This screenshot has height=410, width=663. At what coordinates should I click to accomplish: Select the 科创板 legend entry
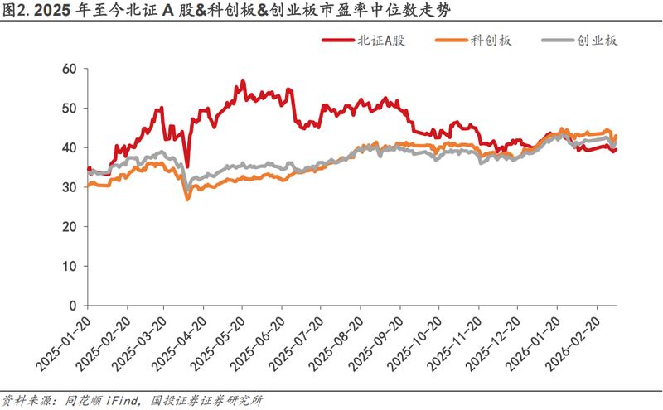pos(487,41)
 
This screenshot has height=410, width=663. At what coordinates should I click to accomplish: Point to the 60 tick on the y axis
pos(69,69)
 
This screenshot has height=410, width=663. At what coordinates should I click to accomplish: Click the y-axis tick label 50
pos(69,108)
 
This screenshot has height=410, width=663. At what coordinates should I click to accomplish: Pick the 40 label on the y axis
pos(69,147)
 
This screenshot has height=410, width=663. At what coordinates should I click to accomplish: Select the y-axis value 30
pos(69,187)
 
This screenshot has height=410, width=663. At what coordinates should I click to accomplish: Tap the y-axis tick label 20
pos(69,226)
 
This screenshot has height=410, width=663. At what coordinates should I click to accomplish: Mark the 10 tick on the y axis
pos(69,266)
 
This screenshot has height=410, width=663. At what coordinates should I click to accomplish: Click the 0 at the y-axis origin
pos(72,306)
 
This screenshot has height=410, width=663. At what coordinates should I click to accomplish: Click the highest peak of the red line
pos(242,80)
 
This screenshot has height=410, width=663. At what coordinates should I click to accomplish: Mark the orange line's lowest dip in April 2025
pos(187,200)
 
